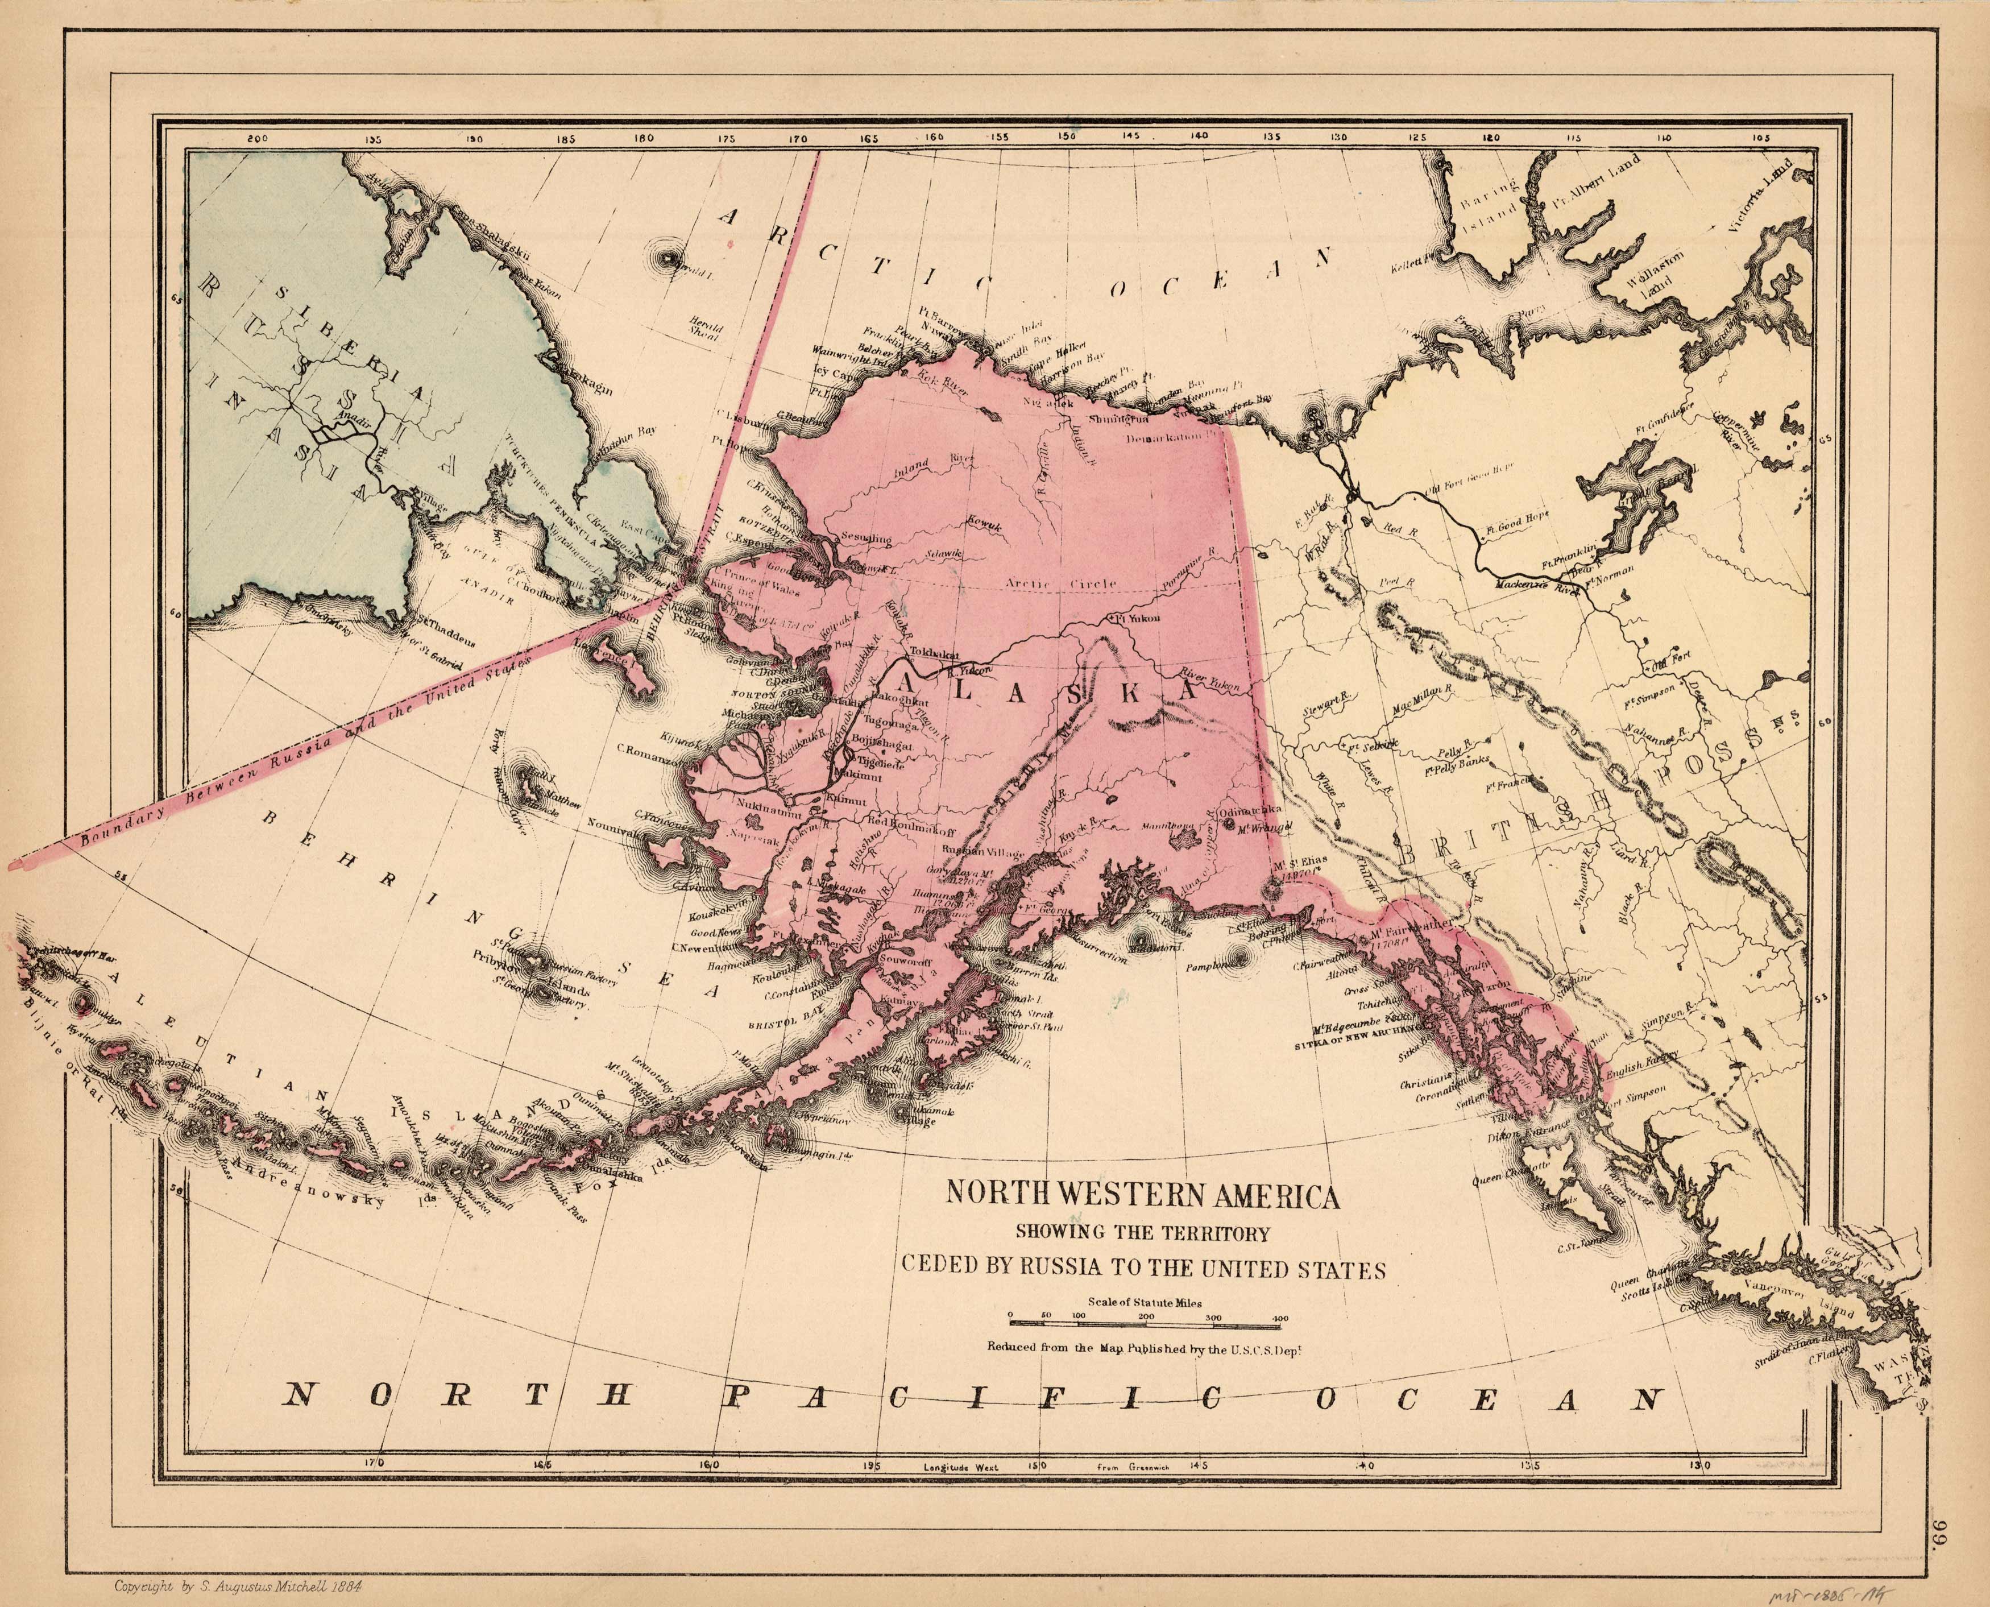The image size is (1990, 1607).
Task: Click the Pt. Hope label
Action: [x=728, y=444]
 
